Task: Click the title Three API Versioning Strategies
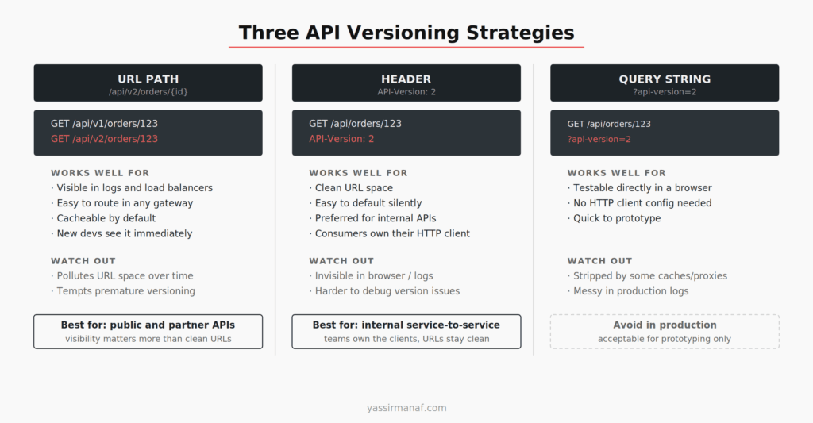click(406, 33)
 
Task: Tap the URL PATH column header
click(148, 83)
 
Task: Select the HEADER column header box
click(406, 83)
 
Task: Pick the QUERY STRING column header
click(665, 83)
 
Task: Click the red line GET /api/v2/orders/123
click(104, 139)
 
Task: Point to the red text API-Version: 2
click(341, 139)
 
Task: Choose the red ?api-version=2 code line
click(599, 140)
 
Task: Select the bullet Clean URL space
click(353, 188)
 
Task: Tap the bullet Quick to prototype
click(617, 218)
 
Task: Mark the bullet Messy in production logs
click(631, 291)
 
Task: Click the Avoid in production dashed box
click(665, 332)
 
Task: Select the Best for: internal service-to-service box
click(406, 332)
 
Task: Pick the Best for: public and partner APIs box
click(148, 332)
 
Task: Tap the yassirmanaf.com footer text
click(406, 408)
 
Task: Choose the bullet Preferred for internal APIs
click(375, 218)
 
